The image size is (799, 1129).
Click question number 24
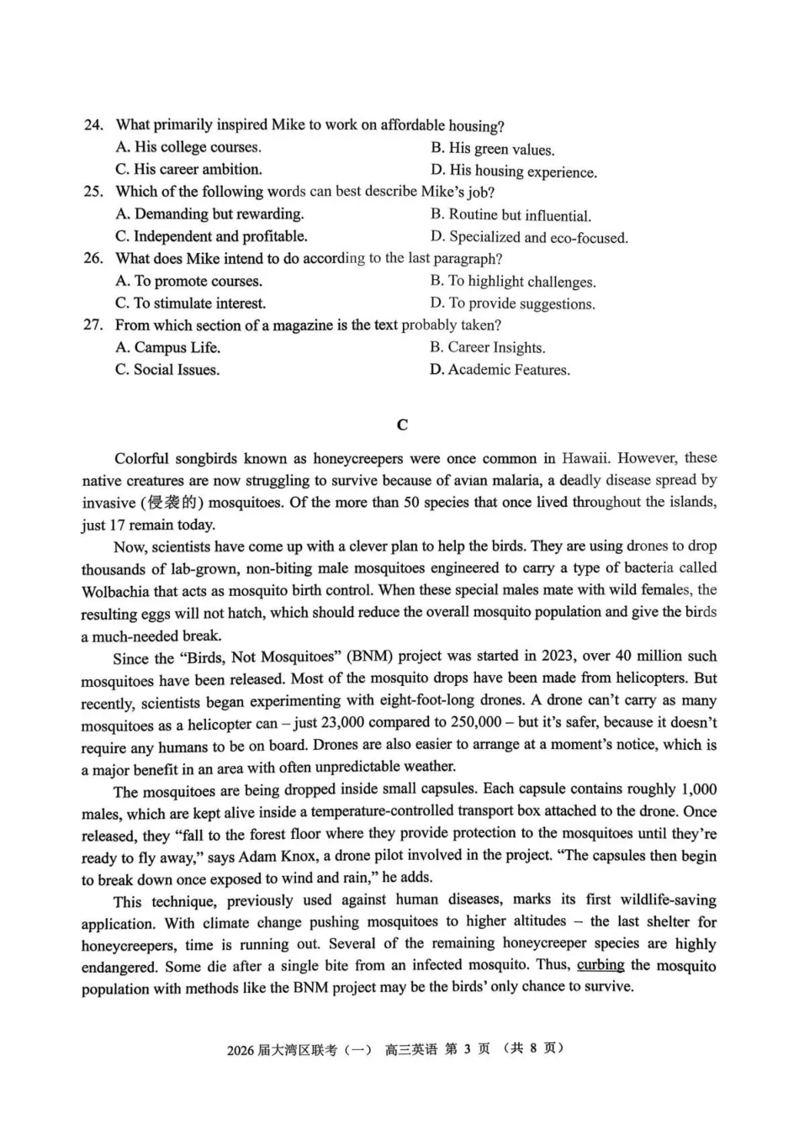coord(93,125)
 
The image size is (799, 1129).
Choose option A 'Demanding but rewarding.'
coord(209,214)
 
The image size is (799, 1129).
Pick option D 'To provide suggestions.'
coord(512,303)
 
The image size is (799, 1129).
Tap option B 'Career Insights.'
coord(487,347)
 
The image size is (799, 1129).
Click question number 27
coord(93,325)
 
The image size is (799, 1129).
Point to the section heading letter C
coord(402,425)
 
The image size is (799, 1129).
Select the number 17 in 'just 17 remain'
coord(117,525)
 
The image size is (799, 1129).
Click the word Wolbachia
coord(116,591)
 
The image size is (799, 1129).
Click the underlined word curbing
coord(601,965)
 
